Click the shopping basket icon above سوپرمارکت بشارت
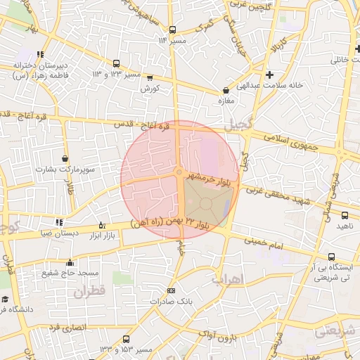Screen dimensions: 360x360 click(65, 158)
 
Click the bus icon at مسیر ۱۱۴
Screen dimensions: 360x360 click(172, 30)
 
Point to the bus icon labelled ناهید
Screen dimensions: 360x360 click(345, 215)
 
